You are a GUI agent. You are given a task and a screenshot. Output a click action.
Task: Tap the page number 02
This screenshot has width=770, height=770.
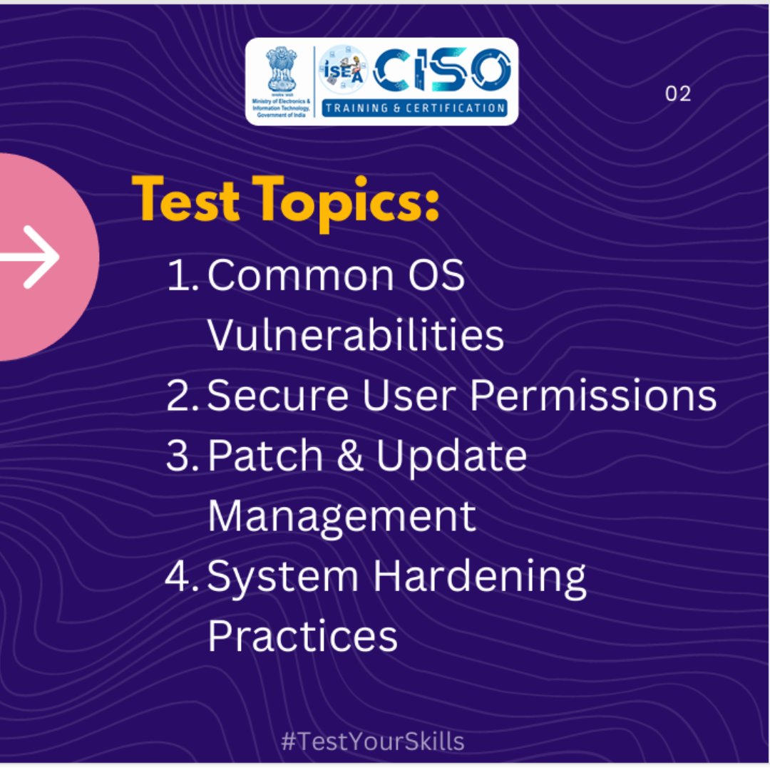click(x=677, y=93)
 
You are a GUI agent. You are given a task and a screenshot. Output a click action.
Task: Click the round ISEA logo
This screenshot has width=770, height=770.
click(x=344, y=71)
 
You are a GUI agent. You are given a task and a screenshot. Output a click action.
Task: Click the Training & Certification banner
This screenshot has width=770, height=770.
click(x=415, y=108)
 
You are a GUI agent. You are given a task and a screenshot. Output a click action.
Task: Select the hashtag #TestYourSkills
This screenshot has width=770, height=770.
click(x=372, y=741)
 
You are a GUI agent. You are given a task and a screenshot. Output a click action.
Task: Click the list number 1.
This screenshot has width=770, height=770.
click(x=181, y=275)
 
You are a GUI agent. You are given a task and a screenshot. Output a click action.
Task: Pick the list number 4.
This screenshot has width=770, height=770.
click(x=181, y=576)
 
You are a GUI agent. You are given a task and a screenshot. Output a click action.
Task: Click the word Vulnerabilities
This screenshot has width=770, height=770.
click(x=356, y=335)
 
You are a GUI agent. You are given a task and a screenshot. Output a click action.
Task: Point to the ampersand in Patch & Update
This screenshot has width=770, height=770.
click(x=349, y=456)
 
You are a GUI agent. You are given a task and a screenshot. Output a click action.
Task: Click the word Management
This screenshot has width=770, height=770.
click(x=342, y=515)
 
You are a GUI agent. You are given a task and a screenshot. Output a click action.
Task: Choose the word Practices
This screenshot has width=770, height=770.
click(x=302, y=636)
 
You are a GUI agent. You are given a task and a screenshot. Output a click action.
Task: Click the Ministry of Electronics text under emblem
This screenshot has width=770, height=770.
click(x=281, y=108)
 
